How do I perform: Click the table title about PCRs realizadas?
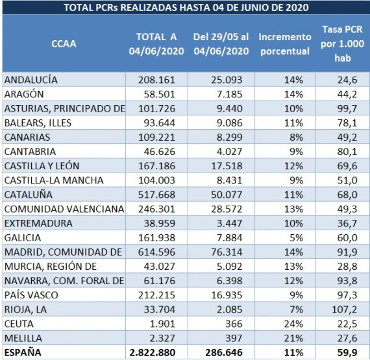[185, 8]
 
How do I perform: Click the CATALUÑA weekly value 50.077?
[221, 195]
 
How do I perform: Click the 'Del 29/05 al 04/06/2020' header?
[221, 43]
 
